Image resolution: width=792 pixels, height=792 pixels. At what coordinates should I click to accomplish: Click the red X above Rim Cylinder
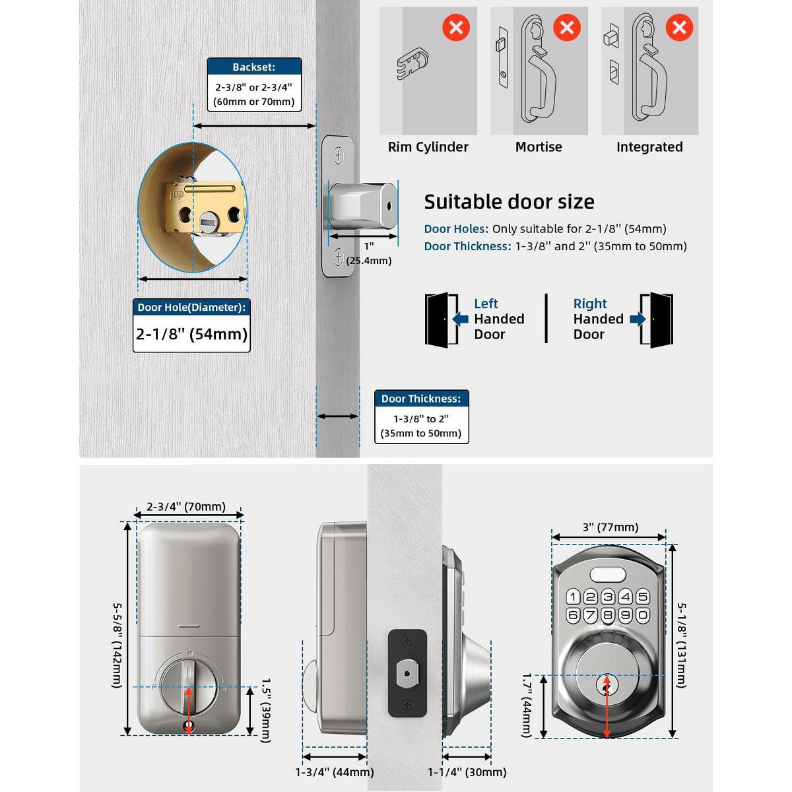coord(455,28)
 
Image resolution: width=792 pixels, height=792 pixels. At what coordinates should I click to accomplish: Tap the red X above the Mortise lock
coord(566,28)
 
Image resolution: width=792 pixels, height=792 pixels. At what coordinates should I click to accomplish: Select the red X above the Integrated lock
coord(678,28)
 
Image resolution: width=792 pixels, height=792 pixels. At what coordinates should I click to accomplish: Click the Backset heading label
coord(254,67)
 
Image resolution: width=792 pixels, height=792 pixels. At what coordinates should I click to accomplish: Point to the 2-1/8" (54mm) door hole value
coord(191,334)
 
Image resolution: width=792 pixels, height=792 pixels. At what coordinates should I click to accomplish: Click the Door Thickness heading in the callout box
coord(421,399)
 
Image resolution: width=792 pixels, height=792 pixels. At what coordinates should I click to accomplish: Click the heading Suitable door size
coord(509,202)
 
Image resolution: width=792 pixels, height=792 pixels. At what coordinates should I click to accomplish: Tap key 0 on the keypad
coord(642,615)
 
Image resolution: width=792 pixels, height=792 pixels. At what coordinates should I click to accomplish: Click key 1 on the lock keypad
coord(573,597)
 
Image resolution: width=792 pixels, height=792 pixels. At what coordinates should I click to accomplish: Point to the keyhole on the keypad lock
coord(607,684)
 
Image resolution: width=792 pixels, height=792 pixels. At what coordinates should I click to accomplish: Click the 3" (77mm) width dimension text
coord(610,527)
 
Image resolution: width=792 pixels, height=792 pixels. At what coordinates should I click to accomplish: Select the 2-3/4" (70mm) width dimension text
coord(186,507)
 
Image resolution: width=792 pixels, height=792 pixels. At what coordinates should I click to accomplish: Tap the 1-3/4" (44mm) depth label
coord(335,772)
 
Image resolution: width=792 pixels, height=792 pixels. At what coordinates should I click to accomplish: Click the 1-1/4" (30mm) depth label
coord(467,772)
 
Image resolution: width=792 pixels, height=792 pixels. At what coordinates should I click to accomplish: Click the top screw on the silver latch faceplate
coord(339,156)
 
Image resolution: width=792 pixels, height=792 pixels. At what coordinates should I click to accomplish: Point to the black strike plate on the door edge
coord(407,673)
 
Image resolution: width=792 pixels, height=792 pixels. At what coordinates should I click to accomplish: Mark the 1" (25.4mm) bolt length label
coord(368,253)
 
